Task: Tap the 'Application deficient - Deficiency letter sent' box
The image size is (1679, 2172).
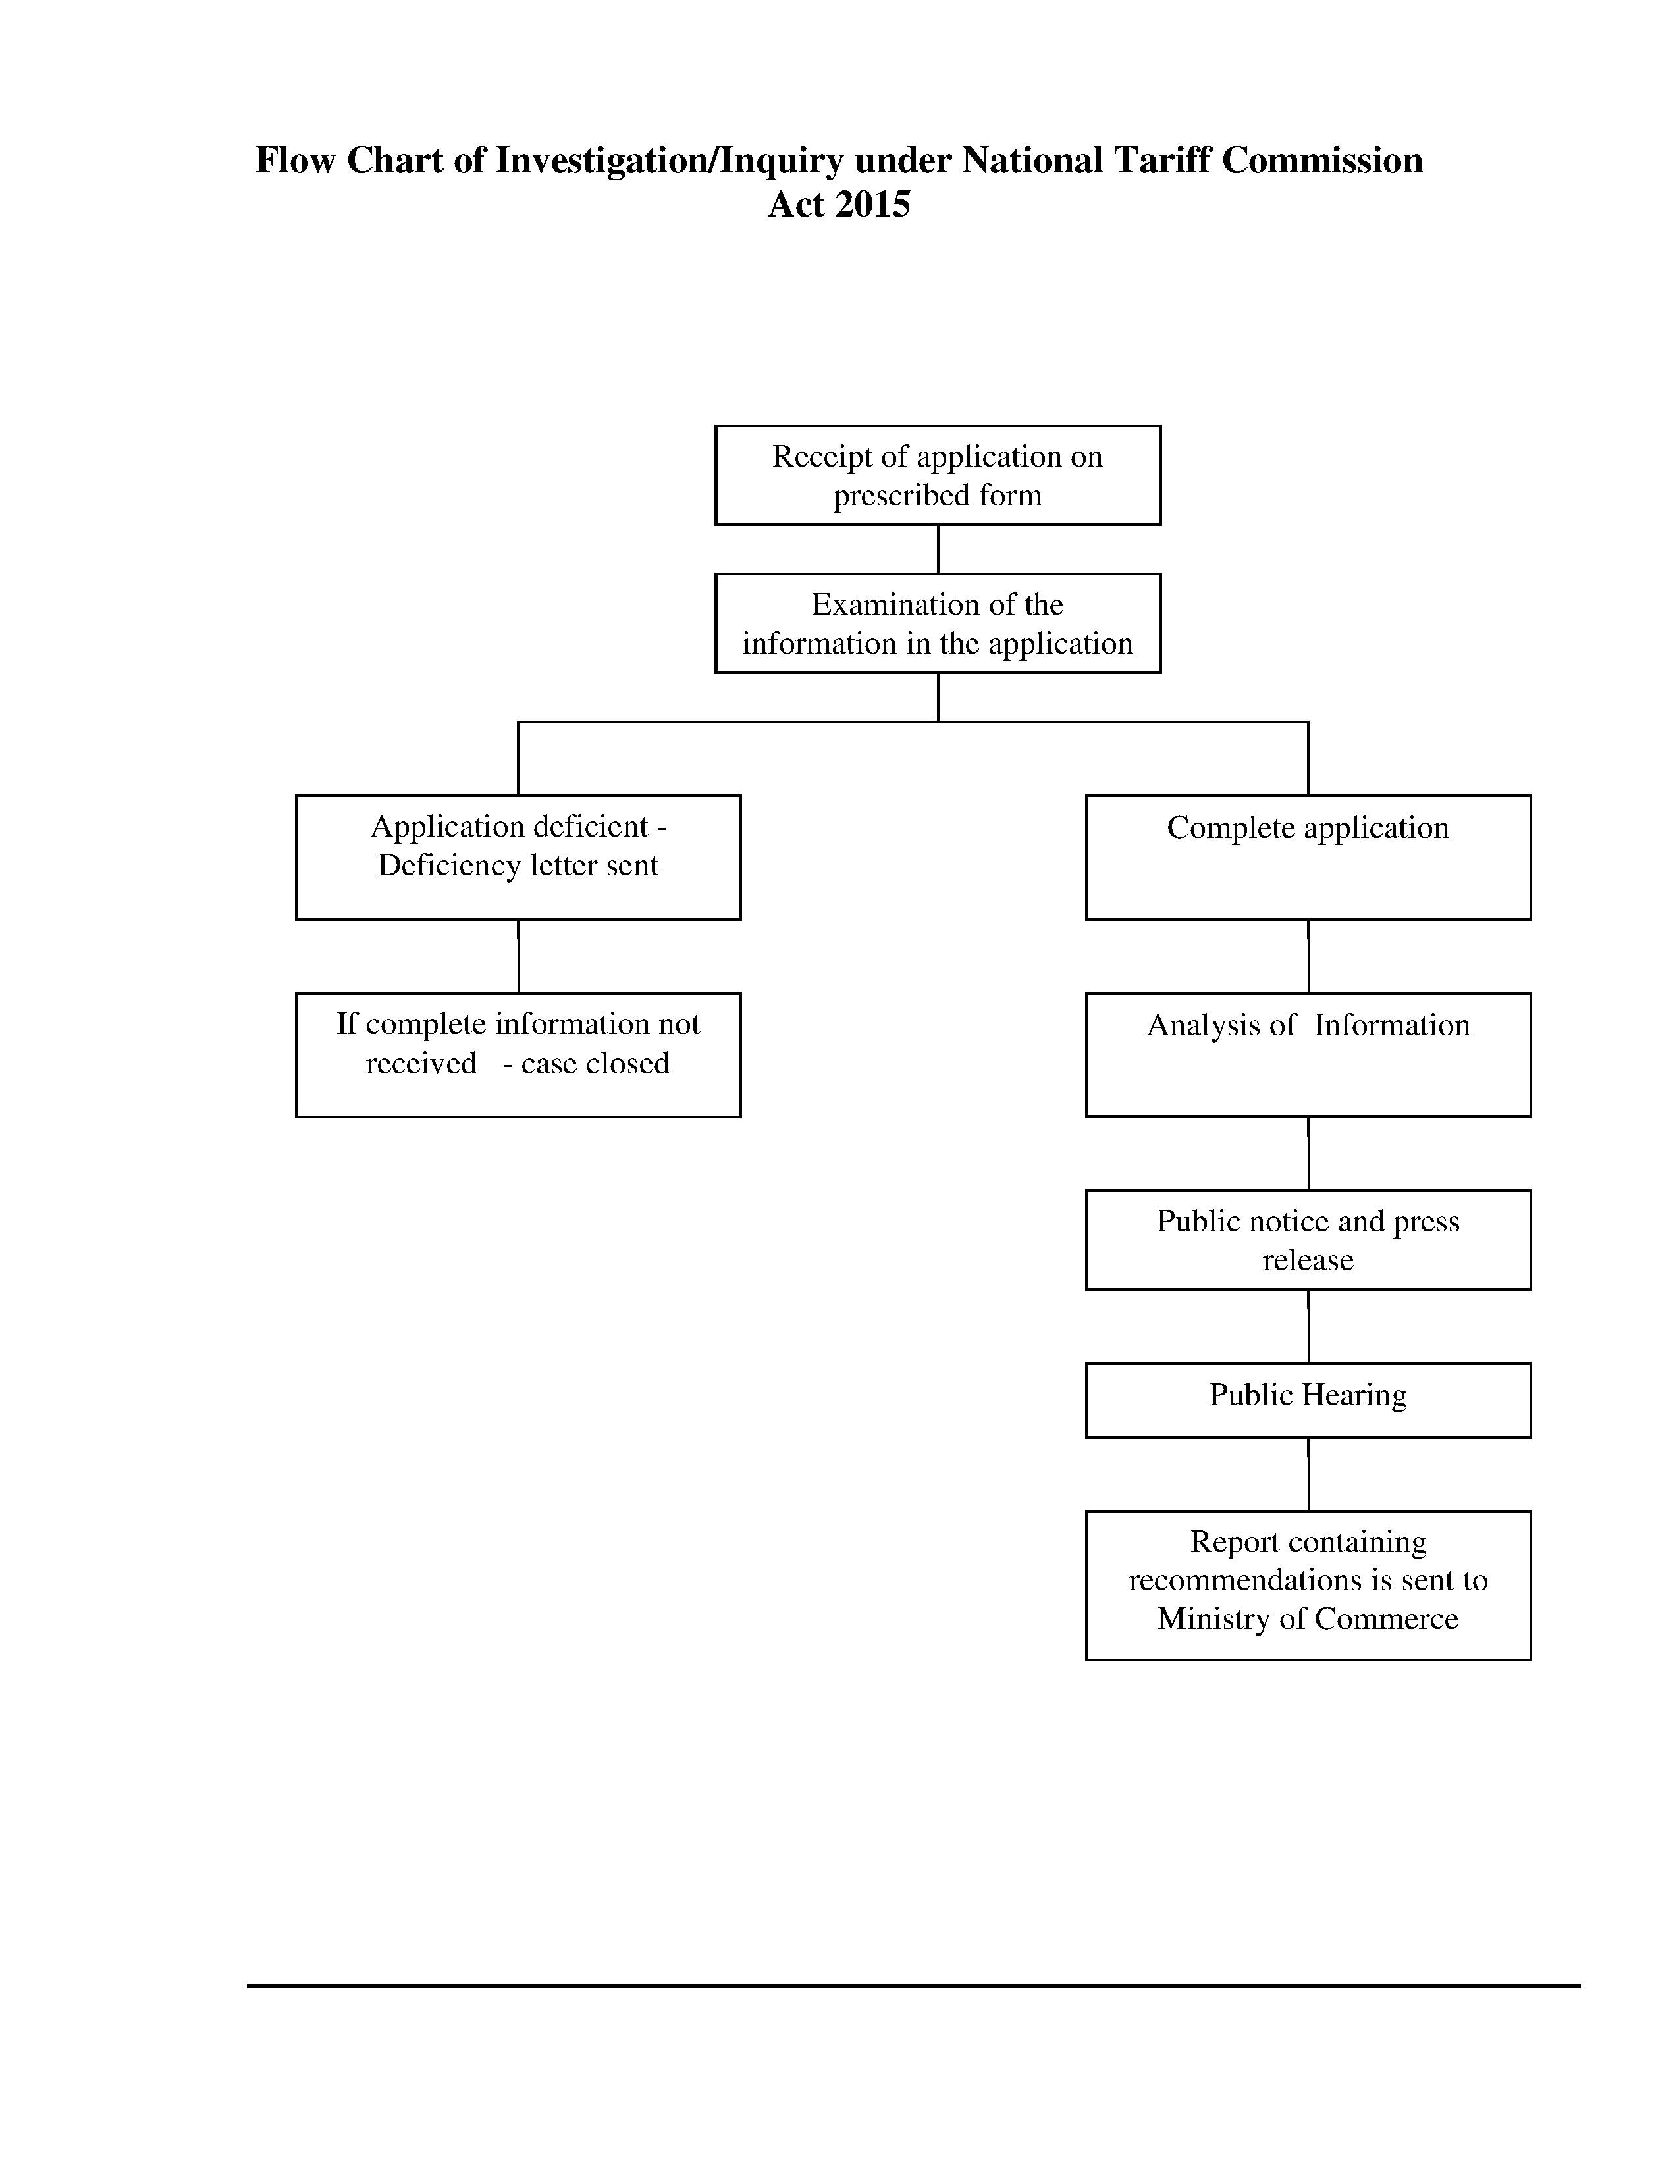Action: tap(518, 857)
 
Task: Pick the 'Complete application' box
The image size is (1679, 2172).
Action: tap(1308, 857)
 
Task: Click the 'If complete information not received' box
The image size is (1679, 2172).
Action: tap(518, 1055)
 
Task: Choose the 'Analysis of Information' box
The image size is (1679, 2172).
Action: tap(1308, 1055)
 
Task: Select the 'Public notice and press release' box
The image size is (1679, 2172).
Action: tap(1308, 1240)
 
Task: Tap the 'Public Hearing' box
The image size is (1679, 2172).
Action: tap(1308, 1400)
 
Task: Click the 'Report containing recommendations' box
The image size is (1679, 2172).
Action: tap(1308, 1586)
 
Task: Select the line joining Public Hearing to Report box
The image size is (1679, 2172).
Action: tap(1308, 1475)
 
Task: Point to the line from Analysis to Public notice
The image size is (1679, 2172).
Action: tap(1308, 1154)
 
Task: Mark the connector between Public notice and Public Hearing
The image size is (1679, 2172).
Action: tap(1308, 1327)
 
